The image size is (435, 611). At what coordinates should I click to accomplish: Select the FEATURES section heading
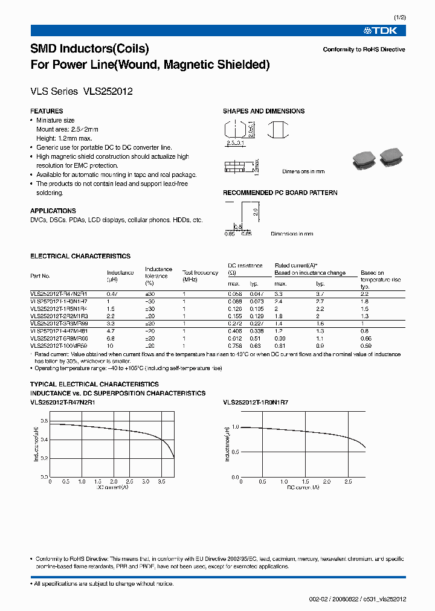tap(47, 111)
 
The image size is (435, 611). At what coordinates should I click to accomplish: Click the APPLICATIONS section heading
tap(53, 211)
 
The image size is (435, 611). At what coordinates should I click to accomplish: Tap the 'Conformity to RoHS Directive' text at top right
tap(364, 50)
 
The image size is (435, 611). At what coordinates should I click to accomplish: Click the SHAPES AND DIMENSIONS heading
tap(263, 111)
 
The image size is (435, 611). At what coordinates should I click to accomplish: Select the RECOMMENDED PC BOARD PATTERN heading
tap(280, 193)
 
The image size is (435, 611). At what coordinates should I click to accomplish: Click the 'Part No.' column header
tap(40, 276)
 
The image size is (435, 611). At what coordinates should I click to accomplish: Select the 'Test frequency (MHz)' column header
tap(200, 276)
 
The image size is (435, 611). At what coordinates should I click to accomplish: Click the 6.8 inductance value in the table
tap(111, 338)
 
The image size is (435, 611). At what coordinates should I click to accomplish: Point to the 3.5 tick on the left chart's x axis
tap(161, 482)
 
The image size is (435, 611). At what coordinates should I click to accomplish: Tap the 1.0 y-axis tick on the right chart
tap(236, 427)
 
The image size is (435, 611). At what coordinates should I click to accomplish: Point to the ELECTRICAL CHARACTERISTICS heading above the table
tap(80, 256)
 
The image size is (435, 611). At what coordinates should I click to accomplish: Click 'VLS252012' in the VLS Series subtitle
tap(108, 92)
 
